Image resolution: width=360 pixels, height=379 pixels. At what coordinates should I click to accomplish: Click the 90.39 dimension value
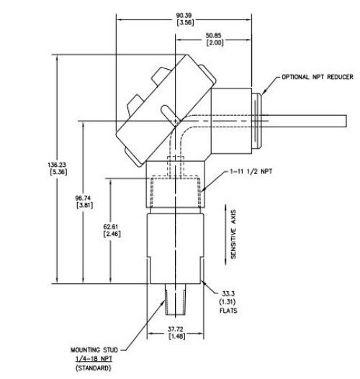pyautogui.click(x=184, y=16)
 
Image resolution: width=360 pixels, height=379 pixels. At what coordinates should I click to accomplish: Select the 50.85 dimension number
pyautogui.click(x=213, y=35)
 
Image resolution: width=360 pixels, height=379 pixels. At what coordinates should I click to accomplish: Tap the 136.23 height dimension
pyautogui.click(x=57, y=165)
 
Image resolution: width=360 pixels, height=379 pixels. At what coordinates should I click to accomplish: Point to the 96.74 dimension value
pyautogui.click(x=83, y=198)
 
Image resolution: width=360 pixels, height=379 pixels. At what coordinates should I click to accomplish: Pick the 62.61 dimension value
pyautogui.click(x=111, y=227)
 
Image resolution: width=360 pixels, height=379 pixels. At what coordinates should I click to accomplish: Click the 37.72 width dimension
pyautogui.click(x=176, y=329)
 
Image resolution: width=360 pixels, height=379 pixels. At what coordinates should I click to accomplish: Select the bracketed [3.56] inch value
pyautogui.click(x=185, y=23)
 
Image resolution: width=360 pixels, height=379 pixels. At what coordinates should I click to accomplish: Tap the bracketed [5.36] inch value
pyautogui.click(x=58, y=172)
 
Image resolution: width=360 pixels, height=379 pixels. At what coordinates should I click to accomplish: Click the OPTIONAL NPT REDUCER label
pyautogui.click(x=318, y=77)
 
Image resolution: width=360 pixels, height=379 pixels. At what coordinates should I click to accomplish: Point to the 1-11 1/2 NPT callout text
pyautogui.click(x=251, y=172)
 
